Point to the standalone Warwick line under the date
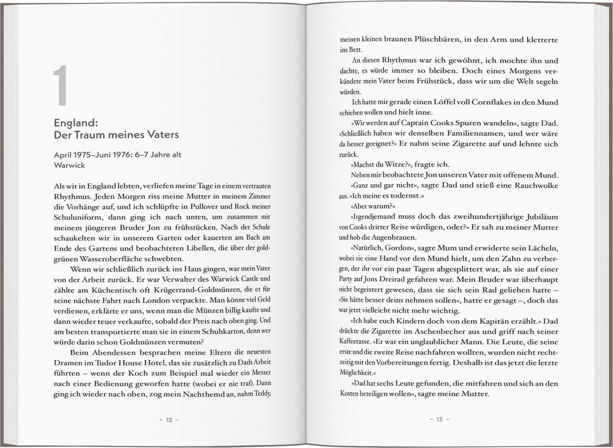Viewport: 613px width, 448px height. click(x=69, y=165)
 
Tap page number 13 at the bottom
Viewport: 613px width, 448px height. click(x=439, y=419)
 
